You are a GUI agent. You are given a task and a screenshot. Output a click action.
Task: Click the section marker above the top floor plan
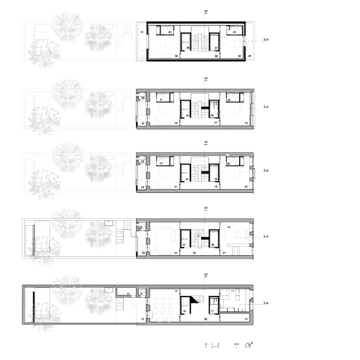pos(205,11)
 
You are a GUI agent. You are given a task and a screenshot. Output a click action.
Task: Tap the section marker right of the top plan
pos(266,39)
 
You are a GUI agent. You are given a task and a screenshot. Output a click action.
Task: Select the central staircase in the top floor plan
pos(200,41)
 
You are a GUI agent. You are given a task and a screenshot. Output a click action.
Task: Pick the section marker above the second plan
pos(205,78)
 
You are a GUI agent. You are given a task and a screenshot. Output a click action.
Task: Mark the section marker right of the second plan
pos(266,106)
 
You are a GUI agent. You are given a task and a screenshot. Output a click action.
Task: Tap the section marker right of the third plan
pos(266,170)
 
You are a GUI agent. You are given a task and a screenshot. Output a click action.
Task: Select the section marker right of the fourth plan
pos(266,237)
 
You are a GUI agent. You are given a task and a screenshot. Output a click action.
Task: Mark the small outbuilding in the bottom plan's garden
pos(122,292)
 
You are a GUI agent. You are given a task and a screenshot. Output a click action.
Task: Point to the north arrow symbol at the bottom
pos(249,345)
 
